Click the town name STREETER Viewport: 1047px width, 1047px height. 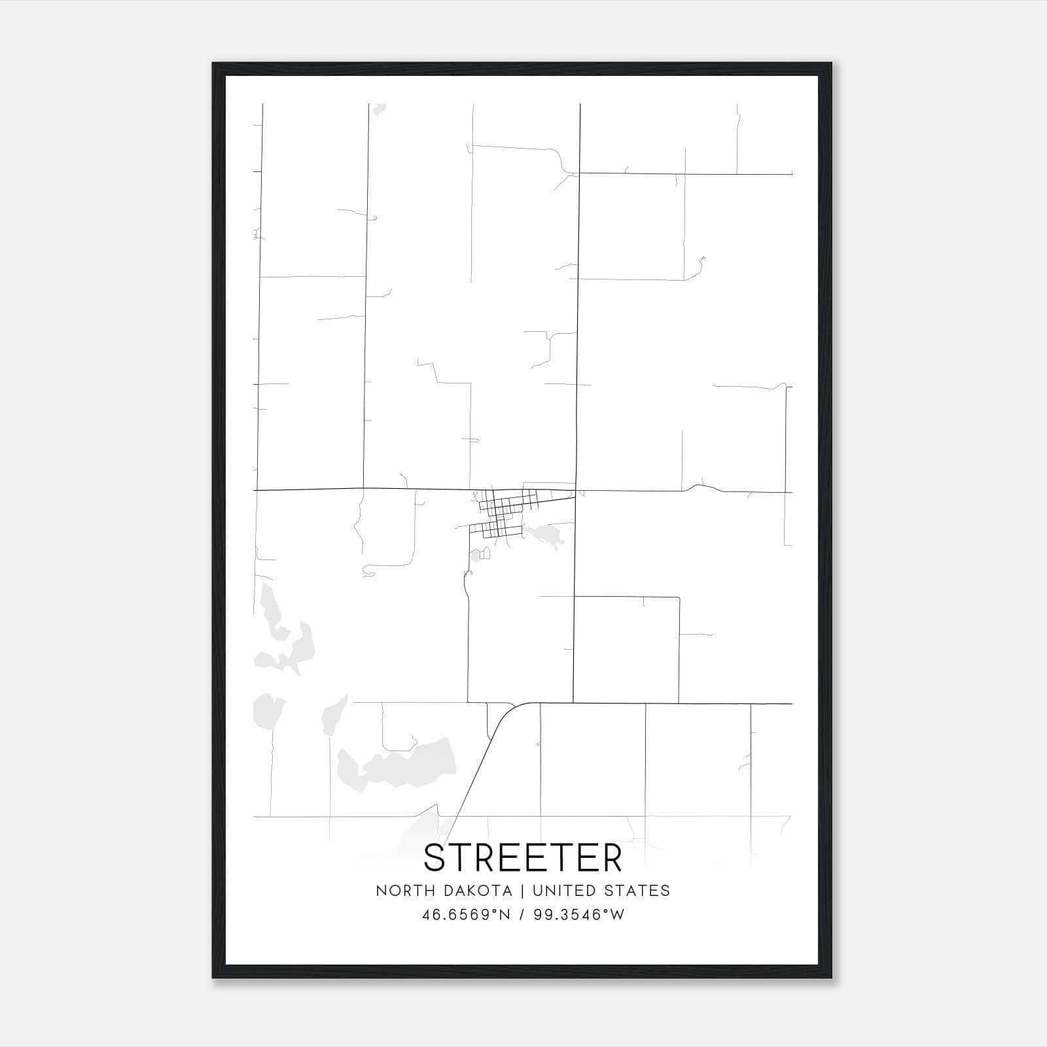(523, 858)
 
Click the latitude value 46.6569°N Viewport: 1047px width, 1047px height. (466, 915)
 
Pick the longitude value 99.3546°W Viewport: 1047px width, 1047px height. (579, 915)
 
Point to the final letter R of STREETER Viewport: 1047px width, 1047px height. (611, 858)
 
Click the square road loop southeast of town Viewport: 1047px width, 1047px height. (626, 650)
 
